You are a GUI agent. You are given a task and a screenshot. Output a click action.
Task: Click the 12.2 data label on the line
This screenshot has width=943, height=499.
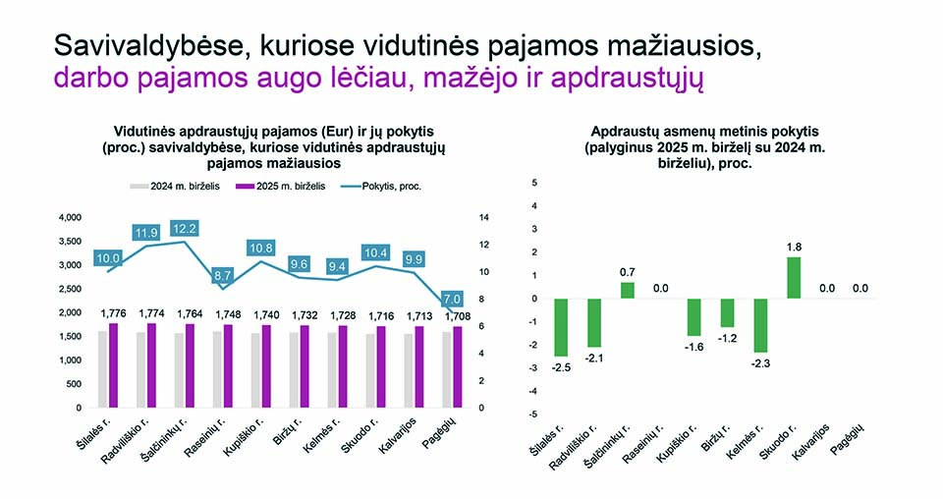coord(185,228)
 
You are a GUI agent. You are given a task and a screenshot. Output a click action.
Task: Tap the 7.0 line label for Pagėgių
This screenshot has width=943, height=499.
coord(453,299)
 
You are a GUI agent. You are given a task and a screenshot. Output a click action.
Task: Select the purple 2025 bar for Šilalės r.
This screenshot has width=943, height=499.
coord(114,364)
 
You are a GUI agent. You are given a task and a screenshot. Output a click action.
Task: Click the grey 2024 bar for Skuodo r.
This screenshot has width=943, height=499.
coord(369,370)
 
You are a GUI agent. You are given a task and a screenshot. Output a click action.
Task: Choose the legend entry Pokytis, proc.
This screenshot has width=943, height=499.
coord(388,186)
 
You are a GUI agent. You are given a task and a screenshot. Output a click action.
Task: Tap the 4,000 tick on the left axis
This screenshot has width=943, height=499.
coord(72,217)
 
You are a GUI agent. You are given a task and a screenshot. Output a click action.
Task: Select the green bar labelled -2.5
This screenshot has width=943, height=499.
coord(561,327)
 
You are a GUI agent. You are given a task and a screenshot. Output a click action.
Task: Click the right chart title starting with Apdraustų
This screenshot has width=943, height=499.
coord(704,147)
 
